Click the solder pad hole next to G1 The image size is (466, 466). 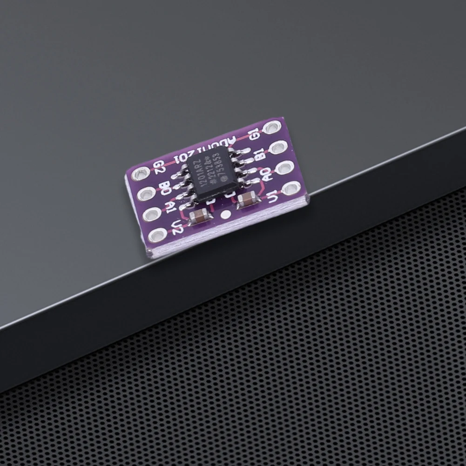pos(273,127)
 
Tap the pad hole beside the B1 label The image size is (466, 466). pos(278,148)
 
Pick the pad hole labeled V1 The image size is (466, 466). pos(291,188)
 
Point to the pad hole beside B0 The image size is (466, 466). pos(145,194)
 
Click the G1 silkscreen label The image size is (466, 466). pos(254,135)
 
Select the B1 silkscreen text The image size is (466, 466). pos(260,155)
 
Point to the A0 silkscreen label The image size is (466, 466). pos(266,176)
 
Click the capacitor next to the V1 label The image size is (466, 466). pos(245,201)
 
